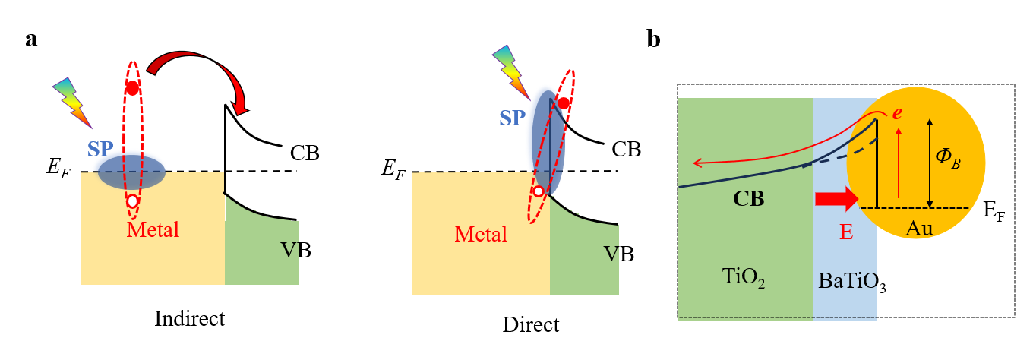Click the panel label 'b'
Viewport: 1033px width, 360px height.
653,40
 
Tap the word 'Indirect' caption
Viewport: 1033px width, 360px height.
189,317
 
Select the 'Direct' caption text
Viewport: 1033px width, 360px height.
531,325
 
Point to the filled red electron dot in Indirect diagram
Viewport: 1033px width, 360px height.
133,88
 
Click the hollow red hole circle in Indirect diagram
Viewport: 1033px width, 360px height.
133,201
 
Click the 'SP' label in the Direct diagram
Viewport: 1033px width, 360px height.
513,118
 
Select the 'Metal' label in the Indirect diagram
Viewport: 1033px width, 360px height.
153,229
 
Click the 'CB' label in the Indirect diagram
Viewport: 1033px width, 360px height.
305,154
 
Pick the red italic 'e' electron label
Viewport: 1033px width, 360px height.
897,113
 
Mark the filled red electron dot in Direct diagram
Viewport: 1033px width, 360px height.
564,103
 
